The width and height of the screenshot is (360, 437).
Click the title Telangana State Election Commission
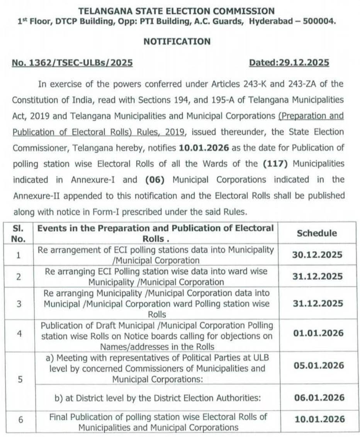pos(177,11)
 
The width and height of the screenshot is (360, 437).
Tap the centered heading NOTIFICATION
pos(177,41)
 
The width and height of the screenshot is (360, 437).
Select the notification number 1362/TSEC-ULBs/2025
pos(72,63)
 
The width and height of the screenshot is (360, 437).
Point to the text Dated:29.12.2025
pos(289,63)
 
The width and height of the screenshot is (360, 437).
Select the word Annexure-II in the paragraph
pos(36,196)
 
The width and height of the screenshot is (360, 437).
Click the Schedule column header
pos(316,233)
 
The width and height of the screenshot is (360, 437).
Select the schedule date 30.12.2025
pos(316,255)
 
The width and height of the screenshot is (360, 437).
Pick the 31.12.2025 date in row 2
pos(316,276)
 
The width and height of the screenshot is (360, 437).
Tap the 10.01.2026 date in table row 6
pos(316,419)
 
